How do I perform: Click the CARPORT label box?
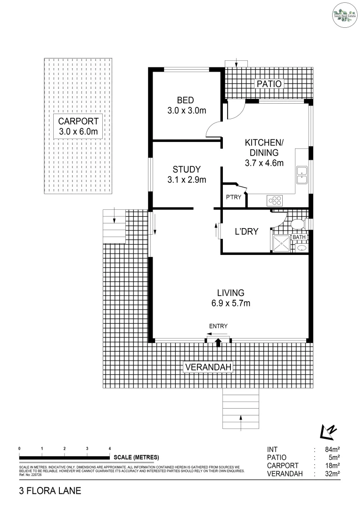pyautogui.click(x=78, y=127)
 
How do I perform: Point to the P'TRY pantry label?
pyautogui.click(x=233, y=197)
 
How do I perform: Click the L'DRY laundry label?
pyautogui.click(x=246, y=231)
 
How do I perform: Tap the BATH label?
pyautogui.click(x=299, y=237)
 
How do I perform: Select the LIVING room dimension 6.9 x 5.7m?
pyautogui.click(x=230, y=303)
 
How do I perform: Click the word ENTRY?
pyautogui.click(x=218, y=326)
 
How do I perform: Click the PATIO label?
pyautogui.click(x=269, y=84)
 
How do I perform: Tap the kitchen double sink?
pyautogui.click(x=301, y=175)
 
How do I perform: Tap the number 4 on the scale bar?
pyautogui.click(x=110, y=448)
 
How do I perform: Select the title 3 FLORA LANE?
pyautogui.click(x=50, y=491)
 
